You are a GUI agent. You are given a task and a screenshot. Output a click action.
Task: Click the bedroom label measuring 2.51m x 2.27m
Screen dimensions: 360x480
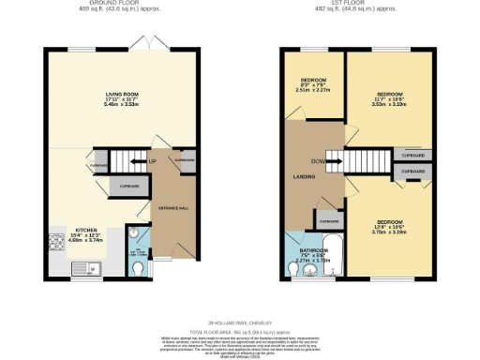tap(313, 83)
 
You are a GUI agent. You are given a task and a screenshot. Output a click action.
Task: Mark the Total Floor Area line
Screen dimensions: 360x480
tap(240, 332)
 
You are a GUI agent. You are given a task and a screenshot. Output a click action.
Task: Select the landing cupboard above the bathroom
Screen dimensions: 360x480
tap(328, 221)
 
